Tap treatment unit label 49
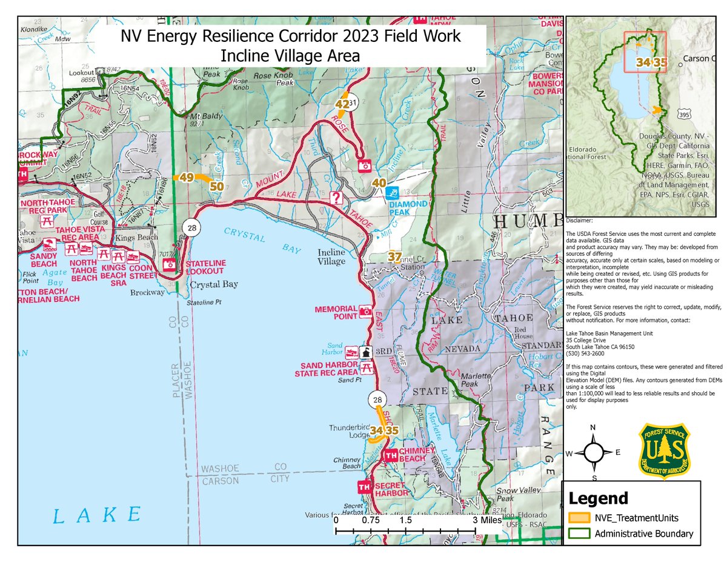point(185,178)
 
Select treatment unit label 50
point(216,186)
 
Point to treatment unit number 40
point(379,183)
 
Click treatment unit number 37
point(394,256)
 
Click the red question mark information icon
point(336,198)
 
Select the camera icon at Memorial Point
point(365,312)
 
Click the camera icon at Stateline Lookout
point(170,264)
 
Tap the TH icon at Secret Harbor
point(364,487)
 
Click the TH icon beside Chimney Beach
point(391,455)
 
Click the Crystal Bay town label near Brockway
point(214,284)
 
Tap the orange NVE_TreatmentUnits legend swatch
point(579,518)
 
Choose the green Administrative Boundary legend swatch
point(579,534)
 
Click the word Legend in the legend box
point(597,498)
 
